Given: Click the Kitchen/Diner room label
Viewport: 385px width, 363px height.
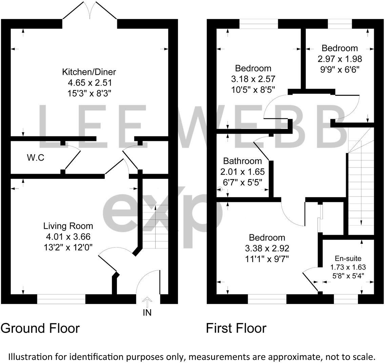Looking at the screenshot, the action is pos(89,72).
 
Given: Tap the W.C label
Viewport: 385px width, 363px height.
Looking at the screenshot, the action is pos(36,157).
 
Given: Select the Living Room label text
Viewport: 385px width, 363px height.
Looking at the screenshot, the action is pos(68,226).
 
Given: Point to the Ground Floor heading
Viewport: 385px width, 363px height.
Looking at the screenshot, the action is pos(40,328).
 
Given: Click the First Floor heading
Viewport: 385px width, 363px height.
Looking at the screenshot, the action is pos(236,328).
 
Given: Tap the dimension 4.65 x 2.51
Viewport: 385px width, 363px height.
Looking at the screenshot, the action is pos(90,83).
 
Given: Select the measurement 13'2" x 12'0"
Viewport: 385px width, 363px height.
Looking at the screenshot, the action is pos(68,247).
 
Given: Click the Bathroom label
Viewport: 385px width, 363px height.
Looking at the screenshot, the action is pos(243,161).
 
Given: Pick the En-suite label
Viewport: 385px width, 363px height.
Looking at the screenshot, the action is pos(348,258).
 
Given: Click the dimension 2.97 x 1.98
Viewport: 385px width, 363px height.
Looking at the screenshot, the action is pos(340,59).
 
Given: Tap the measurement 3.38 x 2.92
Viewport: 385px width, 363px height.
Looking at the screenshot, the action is pos(267,249).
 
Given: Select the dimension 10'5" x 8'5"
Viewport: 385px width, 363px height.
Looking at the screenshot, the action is pos(253,90).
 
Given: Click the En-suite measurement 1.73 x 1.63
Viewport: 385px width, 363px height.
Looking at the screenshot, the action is pos(348,267).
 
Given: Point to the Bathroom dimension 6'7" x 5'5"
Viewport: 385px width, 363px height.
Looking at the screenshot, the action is pos(243,183).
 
